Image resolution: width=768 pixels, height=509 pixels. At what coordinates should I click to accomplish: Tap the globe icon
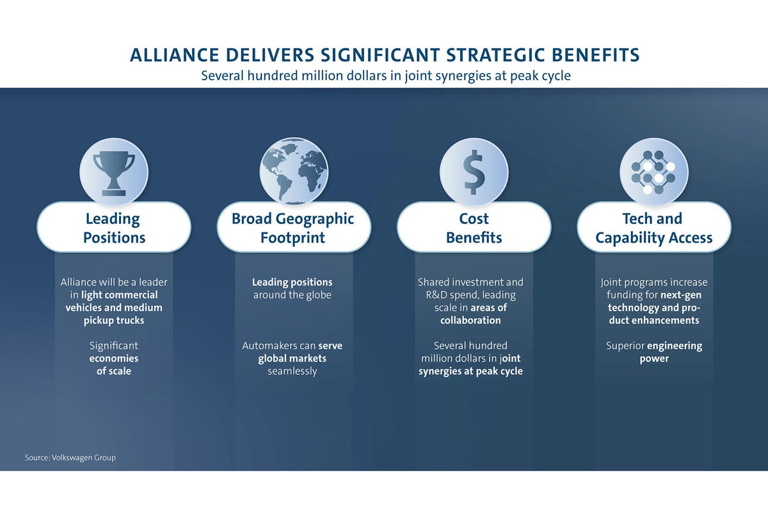click(294, 171)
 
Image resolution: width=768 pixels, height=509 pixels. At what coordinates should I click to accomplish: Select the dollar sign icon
click(474, 172)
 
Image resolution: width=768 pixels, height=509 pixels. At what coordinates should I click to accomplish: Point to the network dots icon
click(653, 172)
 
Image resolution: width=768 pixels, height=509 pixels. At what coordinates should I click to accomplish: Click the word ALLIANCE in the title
click(175, 55)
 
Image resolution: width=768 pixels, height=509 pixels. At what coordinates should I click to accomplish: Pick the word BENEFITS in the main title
click(596, 55)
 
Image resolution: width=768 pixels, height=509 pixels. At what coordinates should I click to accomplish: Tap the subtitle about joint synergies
click(386, 76)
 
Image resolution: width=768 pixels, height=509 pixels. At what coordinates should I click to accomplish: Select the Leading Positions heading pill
click(114, 227)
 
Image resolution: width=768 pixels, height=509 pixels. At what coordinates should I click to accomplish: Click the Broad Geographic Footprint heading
click(294, 227)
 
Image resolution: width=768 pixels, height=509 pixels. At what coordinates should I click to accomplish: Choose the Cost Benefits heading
click(474, 227)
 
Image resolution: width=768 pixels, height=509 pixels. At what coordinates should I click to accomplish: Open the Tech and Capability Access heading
click(654, 227)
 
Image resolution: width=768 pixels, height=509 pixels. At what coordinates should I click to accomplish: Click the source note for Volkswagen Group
click(70, 458)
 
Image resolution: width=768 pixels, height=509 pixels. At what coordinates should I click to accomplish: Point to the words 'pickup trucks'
click(114, 320)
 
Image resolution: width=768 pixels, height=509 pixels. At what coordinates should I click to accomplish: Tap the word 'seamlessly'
click(292, 371)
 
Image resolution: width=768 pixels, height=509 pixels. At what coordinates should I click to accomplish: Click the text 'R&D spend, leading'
click(471, 295)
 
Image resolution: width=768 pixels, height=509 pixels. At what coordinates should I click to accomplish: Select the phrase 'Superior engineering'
click(654, 346)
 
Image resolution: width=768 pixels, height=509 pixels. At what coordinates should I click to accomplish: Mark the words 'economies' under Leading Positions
click(114, 359)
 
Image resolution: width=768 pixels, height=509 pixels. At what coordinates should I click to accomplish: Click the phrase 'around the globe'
click(292, 295)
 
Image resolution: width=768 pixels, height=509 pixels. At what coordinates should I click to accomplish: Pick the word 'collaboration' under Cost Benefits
click(471, 320)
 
